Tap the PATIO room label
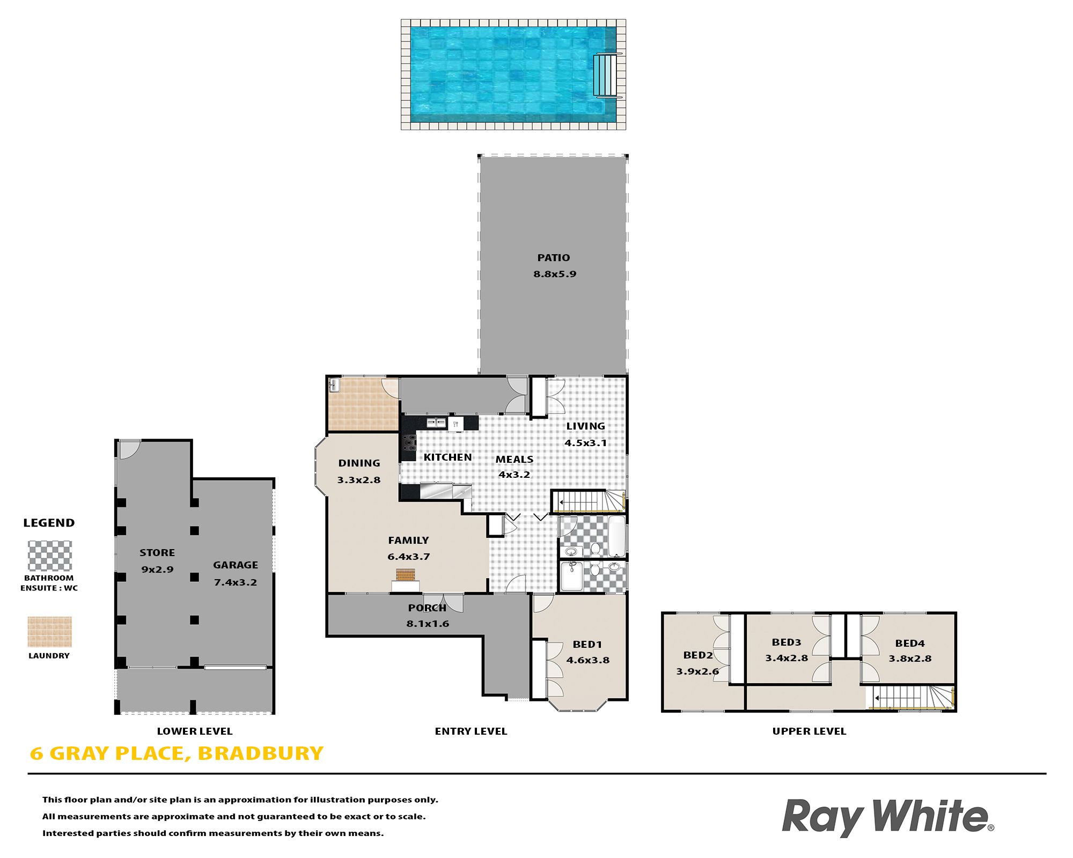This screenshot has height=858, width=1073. [554, 258]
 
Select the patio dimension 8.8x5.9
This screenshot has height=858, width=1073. [555, 274]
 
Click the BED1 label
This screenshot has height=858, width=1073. [587, 645]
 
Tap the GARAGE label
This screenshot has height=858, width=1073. [236, 565]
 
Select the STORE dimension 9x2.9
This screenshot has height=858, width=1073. [157, 569]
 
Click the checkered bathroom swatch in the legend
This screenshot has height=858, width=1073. [49, 556]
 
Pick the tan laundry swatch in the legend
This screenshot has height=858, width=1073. [49, 632]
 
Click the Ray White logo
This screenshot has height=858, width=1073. [888, 817]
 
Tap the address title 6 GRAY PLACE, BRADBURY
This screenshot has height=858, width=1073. [177, 753]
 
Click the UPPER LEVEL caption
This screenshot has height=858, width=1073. [809, 731]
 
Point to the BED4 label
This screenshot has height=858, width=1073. [910, 643]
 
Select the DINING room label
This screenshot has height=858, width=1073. [359, 463]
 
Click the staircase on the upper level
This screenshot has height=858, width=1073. [911, 698]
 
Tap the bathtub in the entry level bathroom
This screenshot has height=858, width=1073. [616, 536]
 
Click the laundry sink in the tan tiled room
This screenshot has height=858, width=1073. [334, 384]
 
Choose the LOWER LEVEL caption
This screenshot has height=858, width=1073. [195, 731]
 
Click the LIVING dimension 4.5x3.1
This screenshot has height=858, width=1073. [585, 443]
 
